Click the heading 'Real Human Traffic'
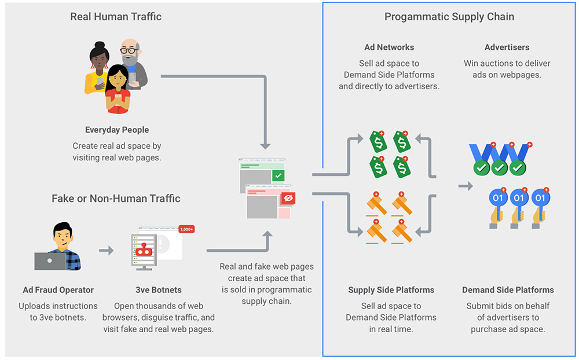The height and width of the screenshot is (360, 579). coord(116,17)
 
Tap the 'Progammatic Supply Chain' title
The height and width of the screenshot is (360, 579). coord(449,17)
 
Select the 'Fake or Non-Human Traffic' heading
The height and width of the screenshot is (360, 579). coord(116,199)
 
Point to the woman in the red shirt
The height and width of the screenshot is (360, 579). coord(118,90)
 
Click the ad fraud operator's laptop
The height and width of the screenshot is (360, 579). coord(50,261)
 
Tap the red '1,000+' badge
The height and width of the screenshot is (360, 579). coord(186,229)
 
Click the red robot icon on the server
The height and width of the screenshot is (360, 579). coord(144,250)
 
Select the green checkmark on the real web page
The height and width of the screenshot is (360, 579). coord(278,176)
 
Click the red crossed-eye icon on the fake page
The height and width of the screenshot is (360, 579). coord(288,199)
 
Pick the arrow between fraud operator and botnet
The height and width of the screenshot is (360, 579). coord(107,251)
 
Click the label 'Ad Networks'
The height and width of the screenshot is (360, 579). coord(389,47)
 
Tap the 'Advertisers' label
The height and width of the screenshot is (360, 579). coord(507,47)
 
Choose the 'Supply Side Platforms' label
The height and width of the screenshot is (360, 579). coord(391,290)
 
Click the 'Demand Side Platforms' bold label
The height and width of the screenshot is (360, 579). coord(508,290)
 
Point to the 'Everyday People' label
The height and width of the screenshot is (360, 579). coord(117,130)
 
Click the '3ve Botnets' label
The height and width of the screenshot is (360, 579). coord(159,290)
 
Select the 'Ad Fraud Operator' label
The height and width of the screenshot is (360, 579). coord(58,290)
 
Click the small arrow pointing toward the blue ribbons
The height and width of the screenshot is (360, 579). coord(466,186)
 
